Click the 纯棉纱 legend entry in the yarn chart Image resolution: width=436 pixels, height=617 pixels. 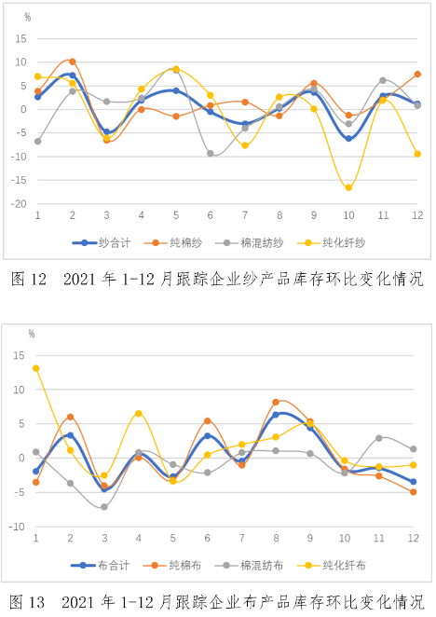point(173,242)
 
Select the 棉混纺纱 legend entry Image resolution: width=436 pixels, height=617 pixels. point(249,242)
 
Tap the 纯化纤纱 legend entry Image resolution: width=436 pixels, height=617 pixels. point(332,242)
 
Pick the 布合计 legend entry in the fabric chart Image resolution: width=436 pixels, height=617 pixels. point(101,566)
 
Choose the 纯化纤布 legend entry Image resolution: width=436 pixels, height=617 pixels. point(332,566)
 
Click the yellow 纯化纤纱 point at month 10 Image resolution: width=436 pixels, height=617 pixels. point(348,187)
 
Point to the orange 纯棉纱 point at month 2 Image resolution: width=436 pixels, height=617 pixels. point(73,62)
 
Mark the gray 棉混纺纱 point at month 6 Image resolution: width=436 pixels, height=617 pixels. point(211,154)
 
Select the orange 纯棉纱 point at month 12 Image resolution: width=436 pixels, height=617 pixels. point(417,75)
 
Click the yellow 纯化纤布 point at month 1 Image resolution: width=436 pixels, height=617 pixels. point(35,368)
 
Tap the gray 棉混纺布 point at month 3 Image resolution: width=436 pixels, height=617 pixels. point(104,507)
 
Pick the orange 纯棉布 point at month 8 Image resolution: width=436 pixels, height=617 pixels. point(276,402)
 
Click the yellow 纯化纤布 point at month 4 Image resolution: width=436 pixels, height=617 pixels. point(139,414)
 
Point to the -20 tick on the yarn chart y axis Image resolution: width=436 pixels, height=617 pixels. point(19,204)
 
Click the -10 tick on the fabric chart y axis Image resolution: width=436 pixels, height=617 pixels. point(17,527)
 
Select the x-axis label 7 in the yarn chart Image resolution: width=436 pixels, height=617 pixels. point(245,215)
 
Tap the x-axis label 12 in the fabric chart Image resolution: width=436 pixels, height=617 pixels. point(414,538)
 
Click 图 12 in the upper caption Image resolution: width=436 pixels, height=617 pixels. point(28,279)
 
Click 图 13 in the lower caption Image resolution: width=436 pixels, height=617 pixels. point(27,602)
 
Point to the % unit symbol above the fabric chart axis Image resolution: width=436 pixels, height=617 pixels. point(32,334)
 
